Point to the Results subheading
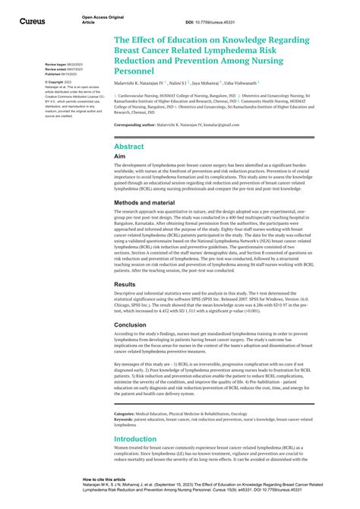click(125, 283)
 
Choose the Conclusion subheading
click(131, 324)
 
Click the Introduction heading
click(141, 438)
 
